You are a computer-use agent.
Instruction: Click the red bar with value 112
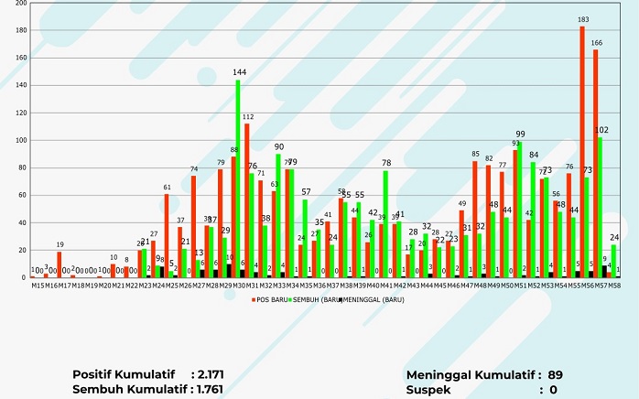point(246,200)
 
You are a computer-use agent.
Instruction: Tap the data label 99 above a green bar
point(520,134)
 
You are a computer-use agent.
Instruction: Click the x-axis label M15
point(38,286)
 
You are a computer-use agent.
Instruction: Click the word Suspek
point(430,390)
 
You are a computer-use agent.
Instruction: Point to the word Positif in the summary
point(95,374)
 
